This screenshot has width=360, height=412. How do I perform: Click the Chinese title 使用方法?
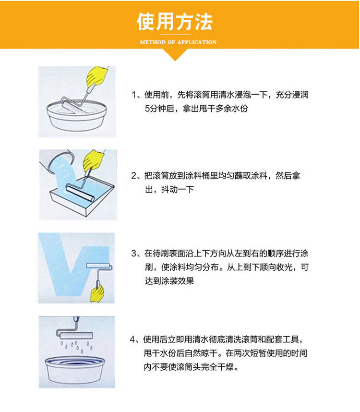coord(175,22)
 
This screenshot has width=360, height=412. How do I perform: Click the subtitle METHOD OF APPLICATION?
coord(178,42)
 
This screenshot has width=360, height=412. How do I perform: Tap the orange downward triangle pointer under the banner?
coord(175,55)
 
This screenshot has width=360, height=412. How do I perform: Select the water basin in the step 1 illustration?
coord(77,116)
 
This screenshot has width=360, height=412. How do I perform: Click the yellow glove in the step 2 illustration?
coord(93,160)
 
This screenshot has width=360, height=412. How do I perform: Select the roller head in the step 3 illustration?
coord(99,266)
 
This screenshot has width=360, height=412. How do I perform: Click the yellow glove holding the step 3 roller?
coord(97,293)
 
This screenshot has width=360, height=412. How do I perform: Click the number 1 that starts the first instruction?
coord(134,95)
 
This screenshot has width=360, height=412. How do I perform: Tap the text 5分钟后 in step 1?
coord(160,109)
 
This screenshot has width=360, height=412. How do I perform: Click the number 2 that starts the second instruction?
coord(134,176)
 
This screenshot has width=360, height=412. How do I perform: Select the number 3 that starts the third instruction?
coord(134,254)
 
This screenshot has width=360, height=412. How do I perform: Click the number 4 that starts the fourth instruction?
coord(132,339)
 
